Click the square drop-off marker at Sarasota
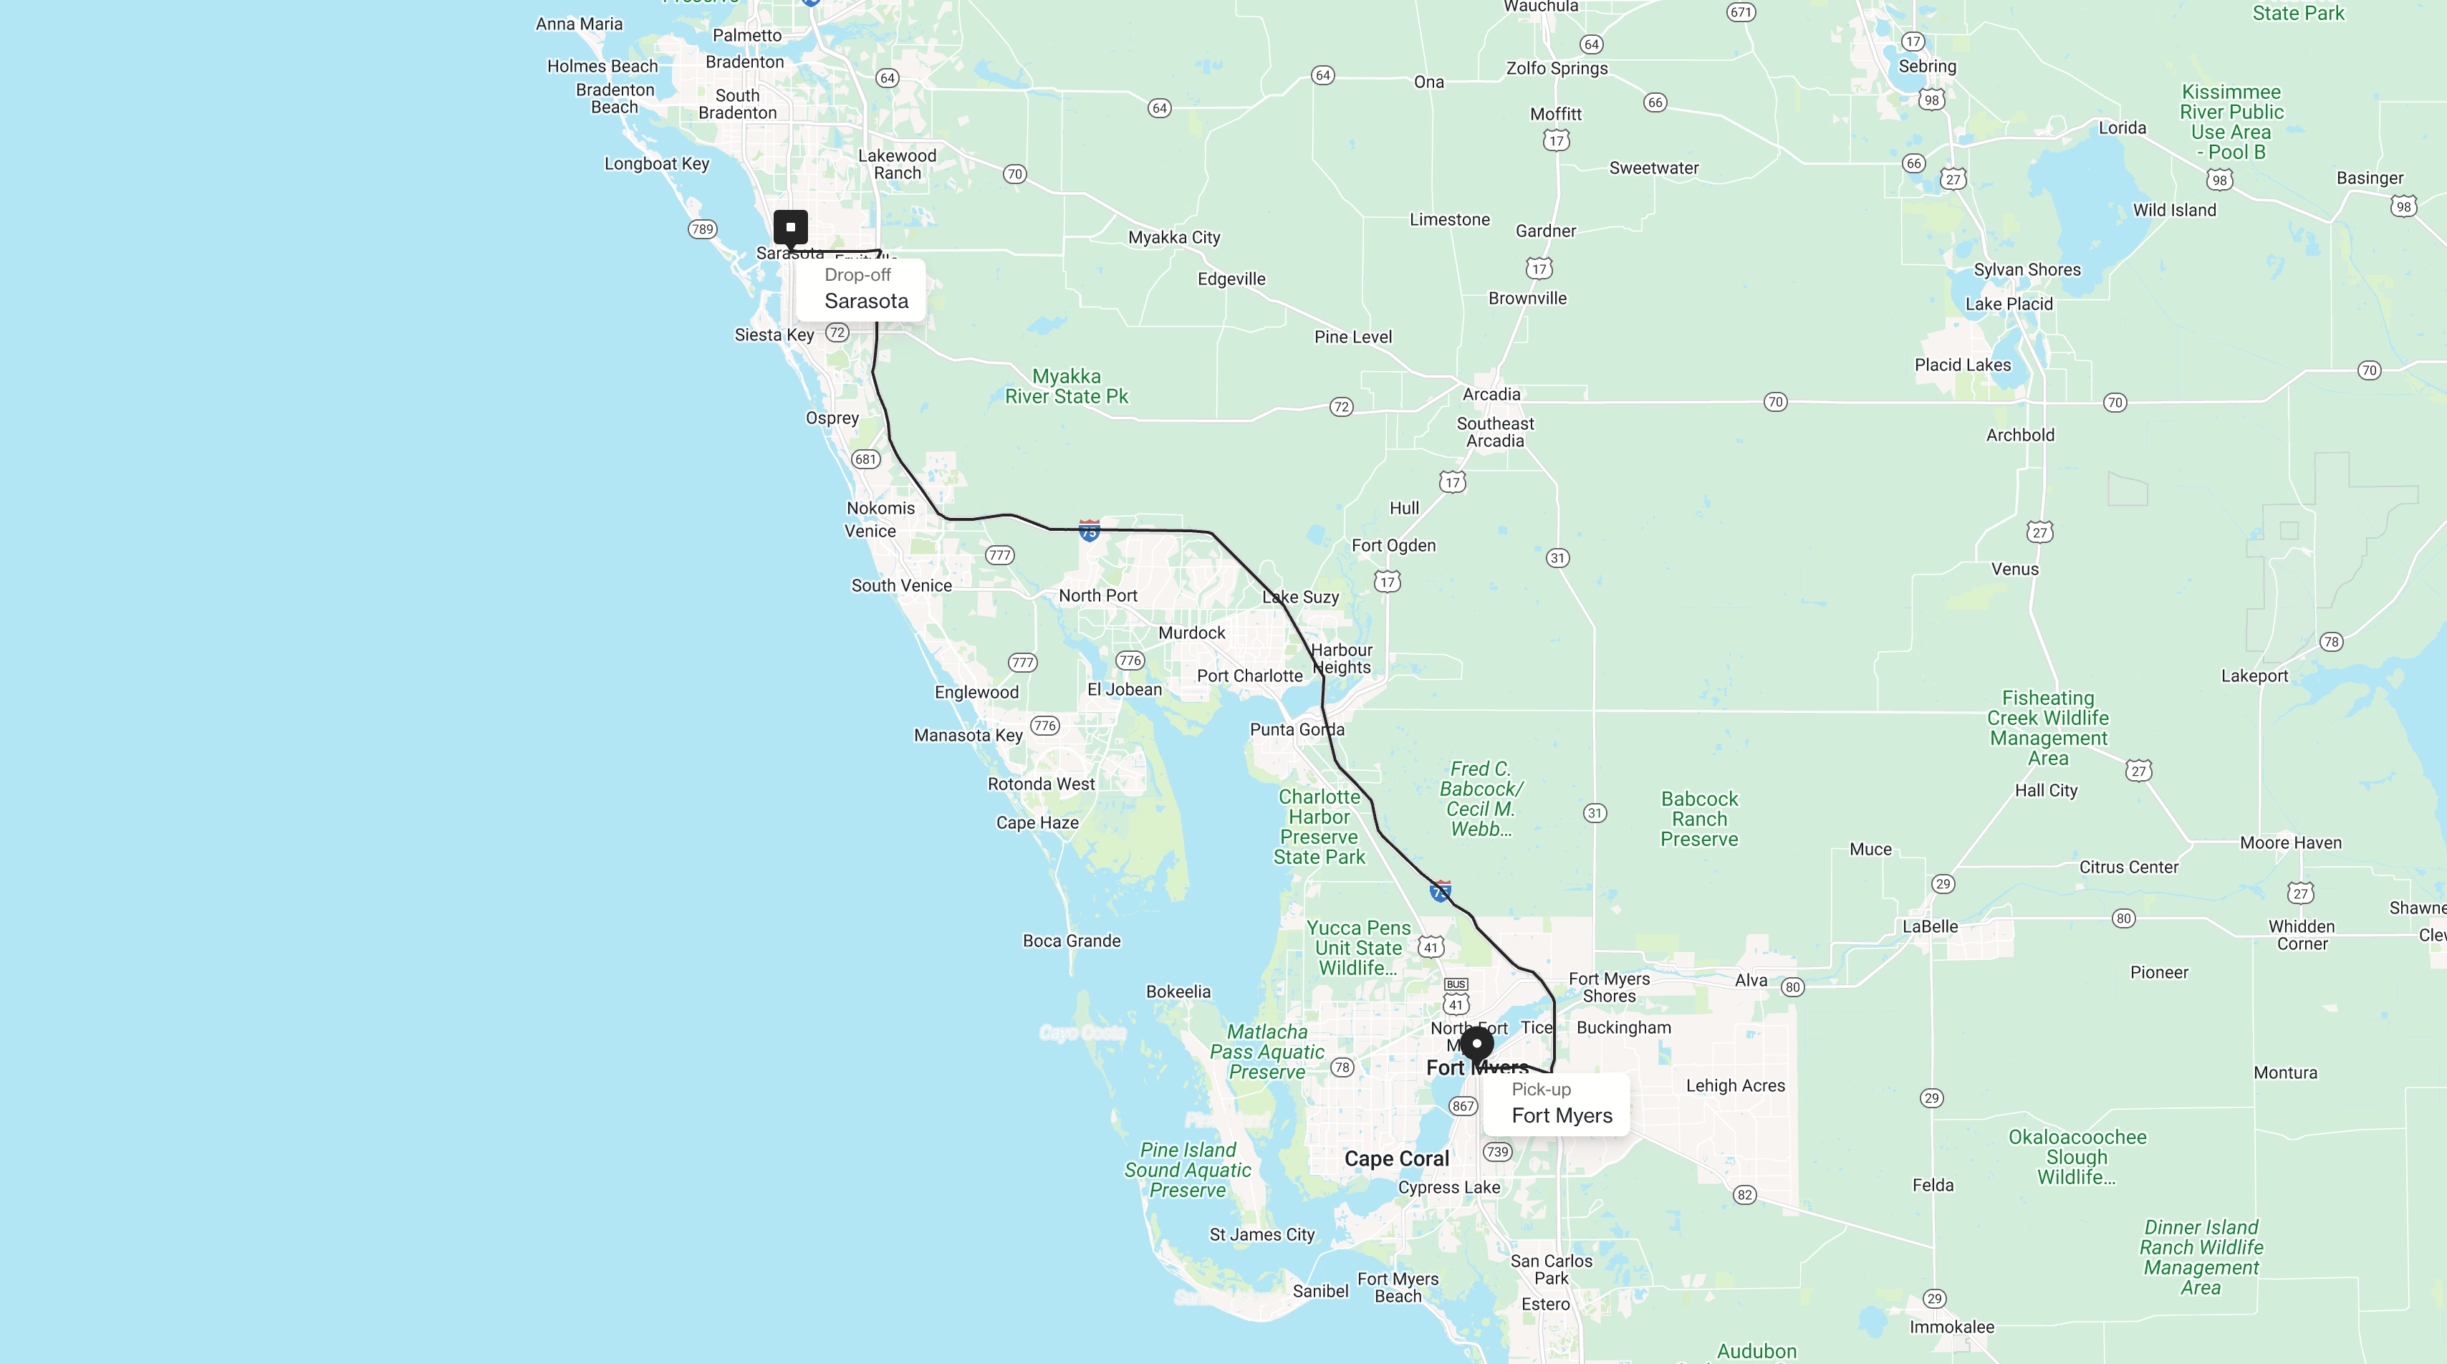point(790,227)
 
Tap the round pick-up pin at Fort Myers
point(1477,1044)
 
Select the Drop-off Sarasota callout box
point(860,289)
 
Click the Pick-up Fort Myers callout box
point(1556,1104)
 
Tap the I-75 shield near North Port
point(1090,530)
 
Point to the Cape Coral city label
point(1396,1159)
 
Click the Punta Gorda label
point(1297,729)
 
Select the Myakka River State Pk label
point(1067,387)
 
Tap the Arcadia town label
point(1491,394)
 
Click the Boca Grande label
point(1072,941)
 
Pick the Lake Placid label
point(2009,304)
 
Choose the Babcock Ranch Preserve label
point(1699,819)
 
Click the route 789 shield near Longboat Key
point(702,229)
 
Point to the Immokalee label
point(1952,1327)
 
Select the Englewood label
point(976,693)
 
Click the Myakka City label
point(1174,237)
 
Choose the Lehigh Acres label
point(1736,1086)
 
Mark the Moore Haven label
point(2290,843)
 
